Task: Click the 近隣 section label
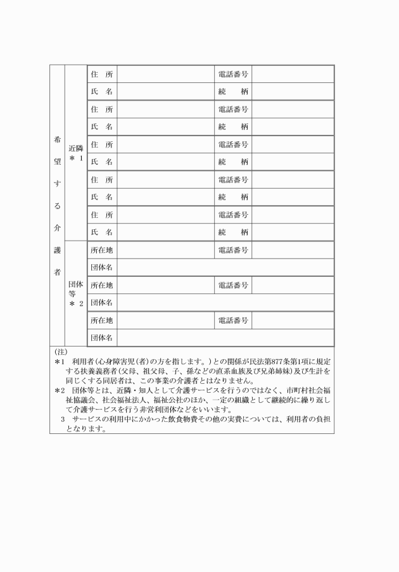click(x=75, y=148)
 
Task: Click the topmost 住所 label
click(x=102, y=74)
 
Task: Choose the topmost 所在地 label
click(x=102, y=250)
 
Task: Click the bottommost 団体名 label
click(x=102, y=338)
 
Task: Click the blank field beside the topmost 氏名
click(x=165, y=92)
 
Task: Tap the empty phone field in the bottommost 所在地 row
click(x=293, y=320)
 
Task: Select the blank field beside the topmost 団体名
click(x=225, y=267)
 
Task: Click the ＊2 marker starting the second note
click(x=58, y=391)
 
